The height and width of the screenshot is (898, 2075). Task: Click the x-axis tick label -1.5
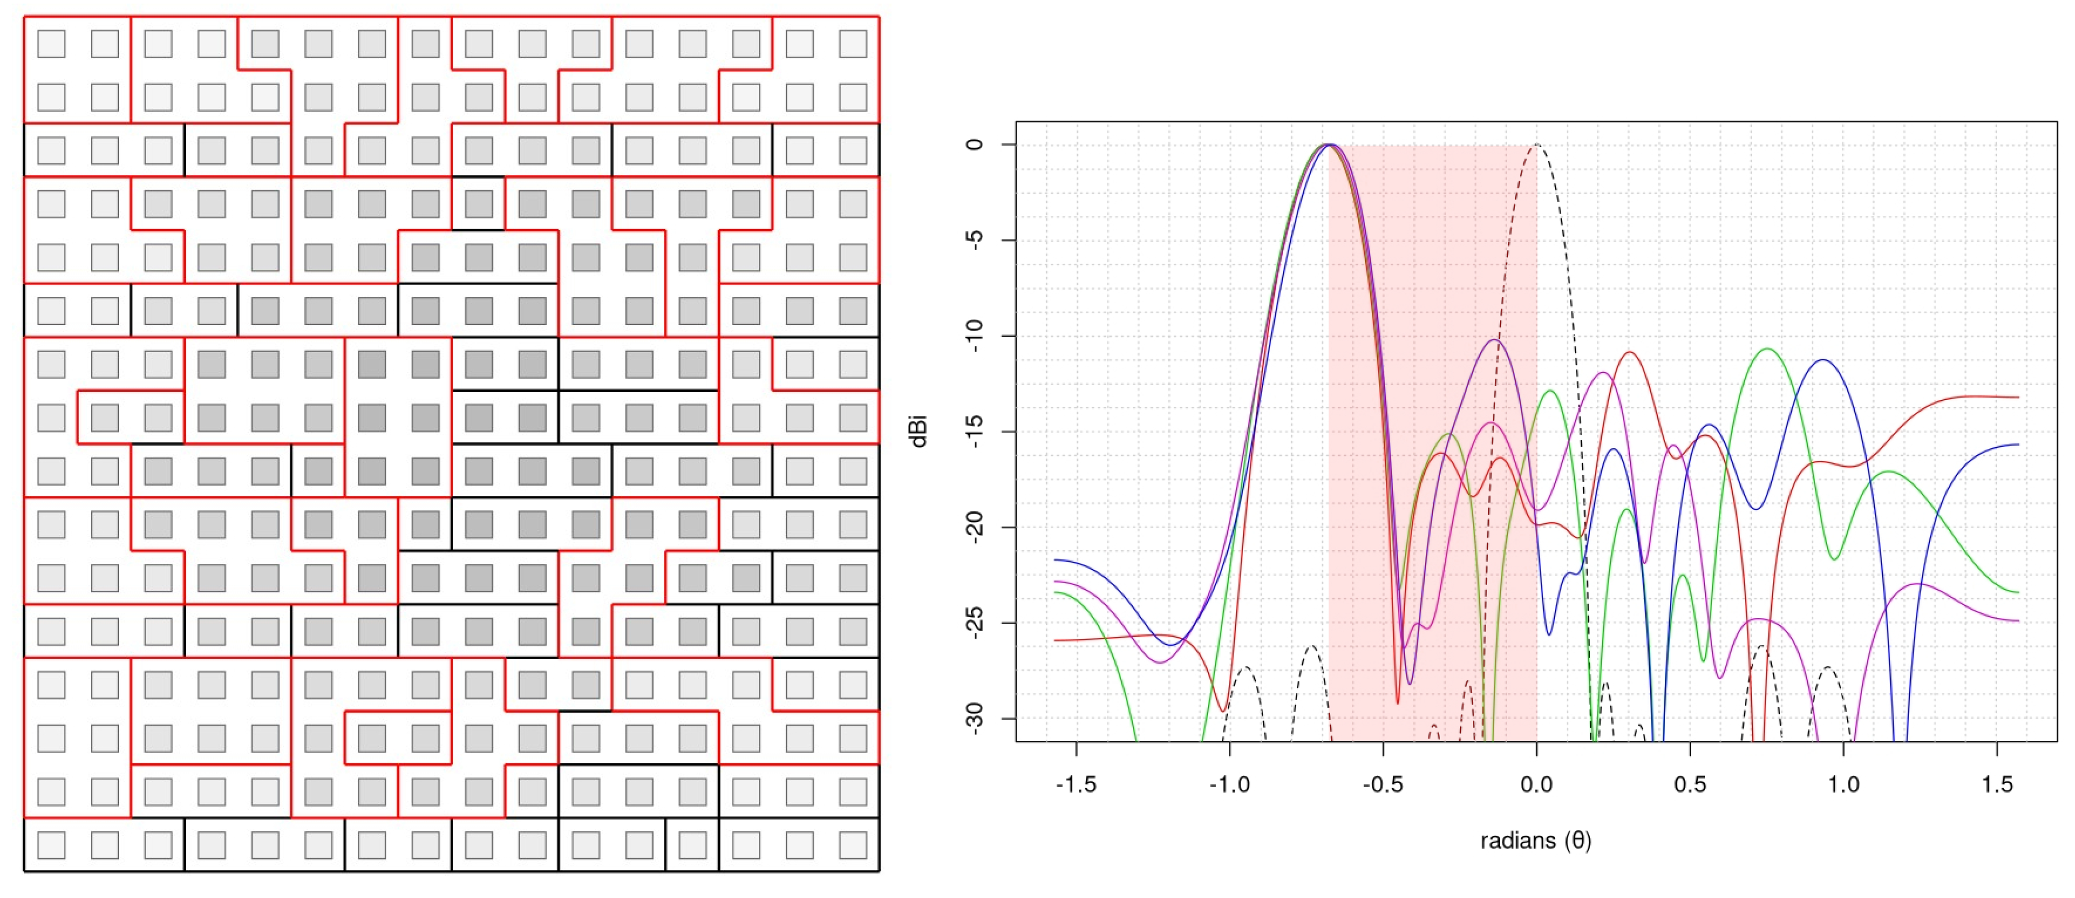[x=1076, y=784]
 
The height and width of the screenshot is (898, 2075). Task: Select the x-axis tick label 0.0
[x=1536, y=784]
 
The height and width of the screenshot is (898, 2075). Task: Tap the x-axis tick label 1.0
[x=1843, y=784]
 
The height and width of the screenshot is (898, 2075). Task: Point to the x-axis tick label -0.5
[x=1382, y=784]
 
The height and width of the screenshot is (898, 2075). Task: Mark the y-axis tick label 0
[x=975, y=144]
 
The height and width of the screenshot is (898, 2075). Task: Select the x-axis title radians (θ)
[x=1535, y=841]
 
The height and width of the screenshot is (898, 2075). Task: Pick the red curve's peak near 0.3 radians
[x=1629, y=352]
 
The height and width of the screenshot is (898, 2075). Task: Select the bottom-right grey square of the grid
[x=853, y=845]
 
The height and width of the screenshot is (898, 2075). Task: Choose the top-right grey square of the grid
[x=853, y=43]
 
